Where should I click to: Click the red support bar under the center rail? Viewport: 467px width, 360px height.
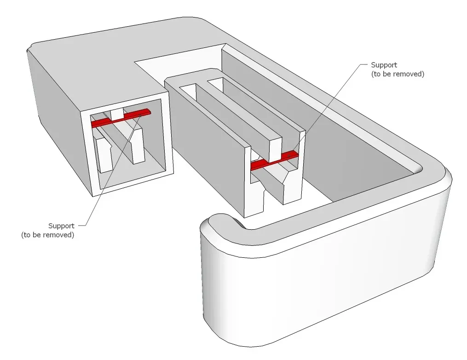274,161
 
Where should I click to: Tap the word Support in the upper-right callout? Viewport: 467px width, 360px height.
384,65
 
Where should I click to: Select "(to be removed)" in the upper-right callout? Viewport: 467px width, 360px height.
398,74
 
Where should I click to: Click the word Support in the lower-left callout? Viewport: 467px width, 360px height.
61,226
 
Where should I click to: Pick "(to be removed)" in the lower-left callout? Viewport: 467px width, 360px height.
48,235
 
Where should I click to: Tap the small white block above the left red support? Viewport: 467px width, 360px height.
117,114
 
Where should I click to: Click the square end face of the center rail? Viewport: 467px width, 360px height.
276,149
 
